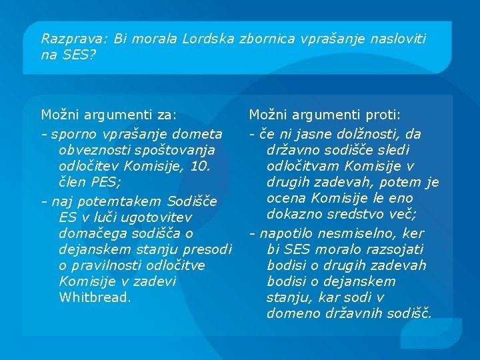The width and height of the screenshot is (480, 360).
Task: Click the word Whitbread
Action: [94, 297]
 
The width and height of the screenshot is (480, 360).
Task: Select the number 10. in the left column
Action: [200, 166]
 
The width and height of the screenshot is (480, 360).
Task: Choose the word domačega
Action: [89, 233]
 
